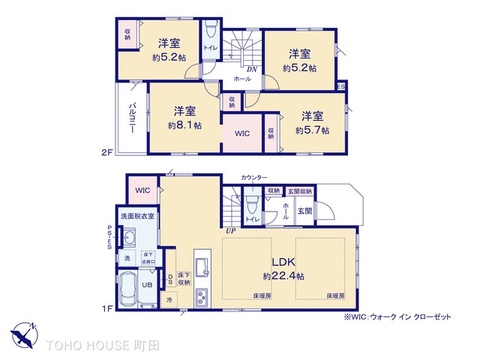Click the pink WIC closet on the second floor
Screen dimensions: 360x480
[x=243, y=132]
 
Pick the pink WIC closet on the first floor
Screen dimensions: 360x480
[x=142, y=190]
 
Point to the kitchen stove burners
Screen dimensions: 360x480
[x=200, y=297]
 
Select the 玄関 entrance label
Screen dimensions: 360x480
[x=304, y=211]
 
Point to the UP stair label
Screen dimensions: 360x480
[x=231, y=228]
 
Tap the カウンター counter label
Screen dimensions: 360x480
[x=254, y=177]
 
